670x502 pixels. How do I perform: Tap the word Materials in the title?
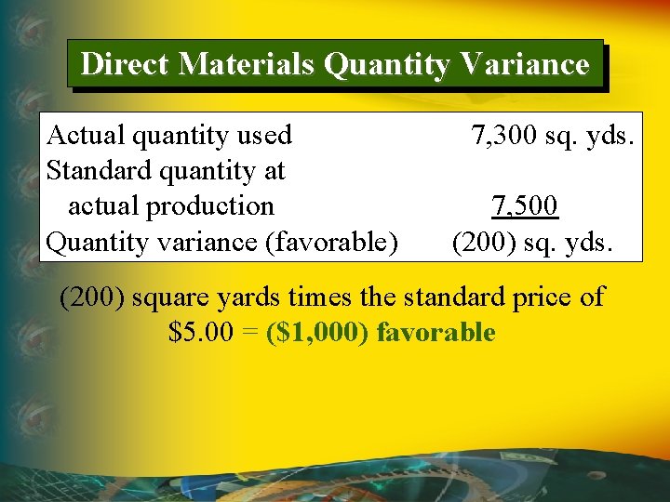click(248, 64)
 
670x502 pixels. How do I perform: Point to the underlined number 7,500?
click(525, 206)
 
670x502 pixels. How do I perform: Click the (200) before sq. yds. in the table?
click(481, 242)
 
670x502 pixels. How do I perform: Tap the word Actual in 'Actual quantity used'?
click(87, 136)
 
